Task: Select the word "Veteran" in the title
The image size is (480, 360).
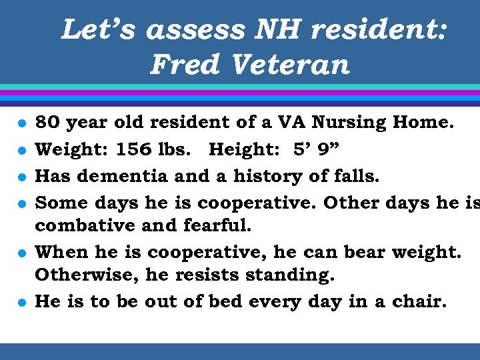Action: (x=290, y=65)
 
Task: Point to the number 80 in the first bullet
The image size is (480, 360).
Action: (x=46, y=123)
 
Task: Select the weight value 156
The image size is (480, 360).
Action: (x=133, y=149)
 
